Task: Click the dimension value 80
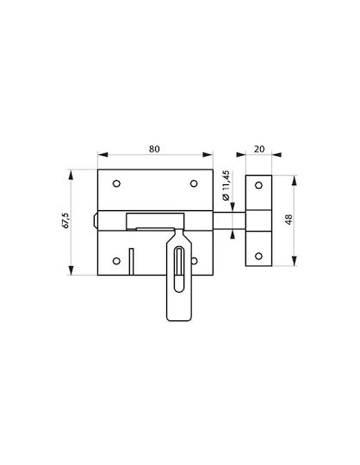coord(154,149)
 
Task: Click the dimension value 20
coord(259,149)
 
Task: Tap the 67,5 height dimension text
coord(65,220)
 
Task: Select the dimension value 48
coord(289,220)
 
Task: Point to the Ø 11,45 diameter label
coord(227,185)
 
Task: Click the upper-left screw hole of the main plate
coord(116,183)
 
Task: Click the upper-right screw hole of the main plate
coord(194,183)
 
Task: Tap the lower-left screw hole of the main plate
coord(116,261)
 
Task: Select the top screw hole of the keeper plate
coord(258,185)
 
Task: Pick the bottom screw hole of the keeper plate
coord(258,256)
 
